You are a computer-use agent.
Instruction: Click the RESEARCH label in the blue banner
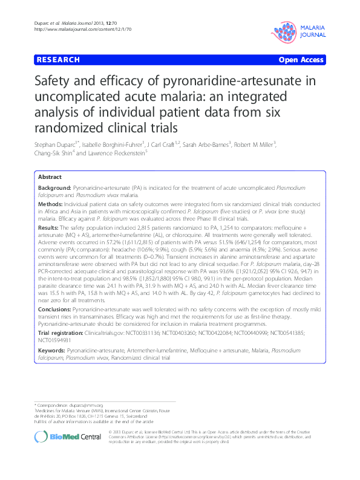[x=58, y=60]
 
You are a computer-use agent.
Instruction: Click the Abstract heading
[x=50, y=177]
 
